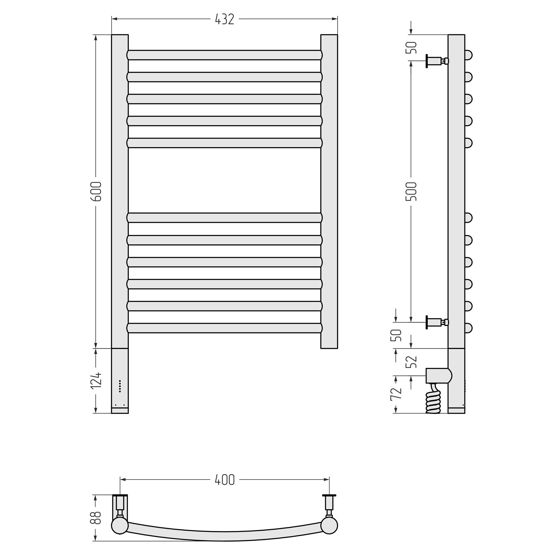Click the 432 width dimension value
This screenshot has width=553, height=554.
click(x=225, y=19)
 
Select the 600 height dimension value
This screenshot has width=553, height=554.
click(x=96, y=191)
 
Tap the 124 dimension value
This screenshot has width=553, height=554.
click(x=96, y=380)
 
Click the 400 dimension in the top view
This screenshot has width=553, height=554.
click(x=225, y=480)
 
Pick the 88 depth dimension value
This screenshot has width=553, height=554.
click(x=96, y=518)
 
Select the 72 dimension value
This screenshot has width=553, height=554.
click(x=396, y=393)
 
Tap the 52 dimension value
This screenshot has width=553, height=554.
click(x=411, y=362)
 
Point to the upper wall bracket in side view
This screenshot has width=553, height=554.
click(x=438, y=61)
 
